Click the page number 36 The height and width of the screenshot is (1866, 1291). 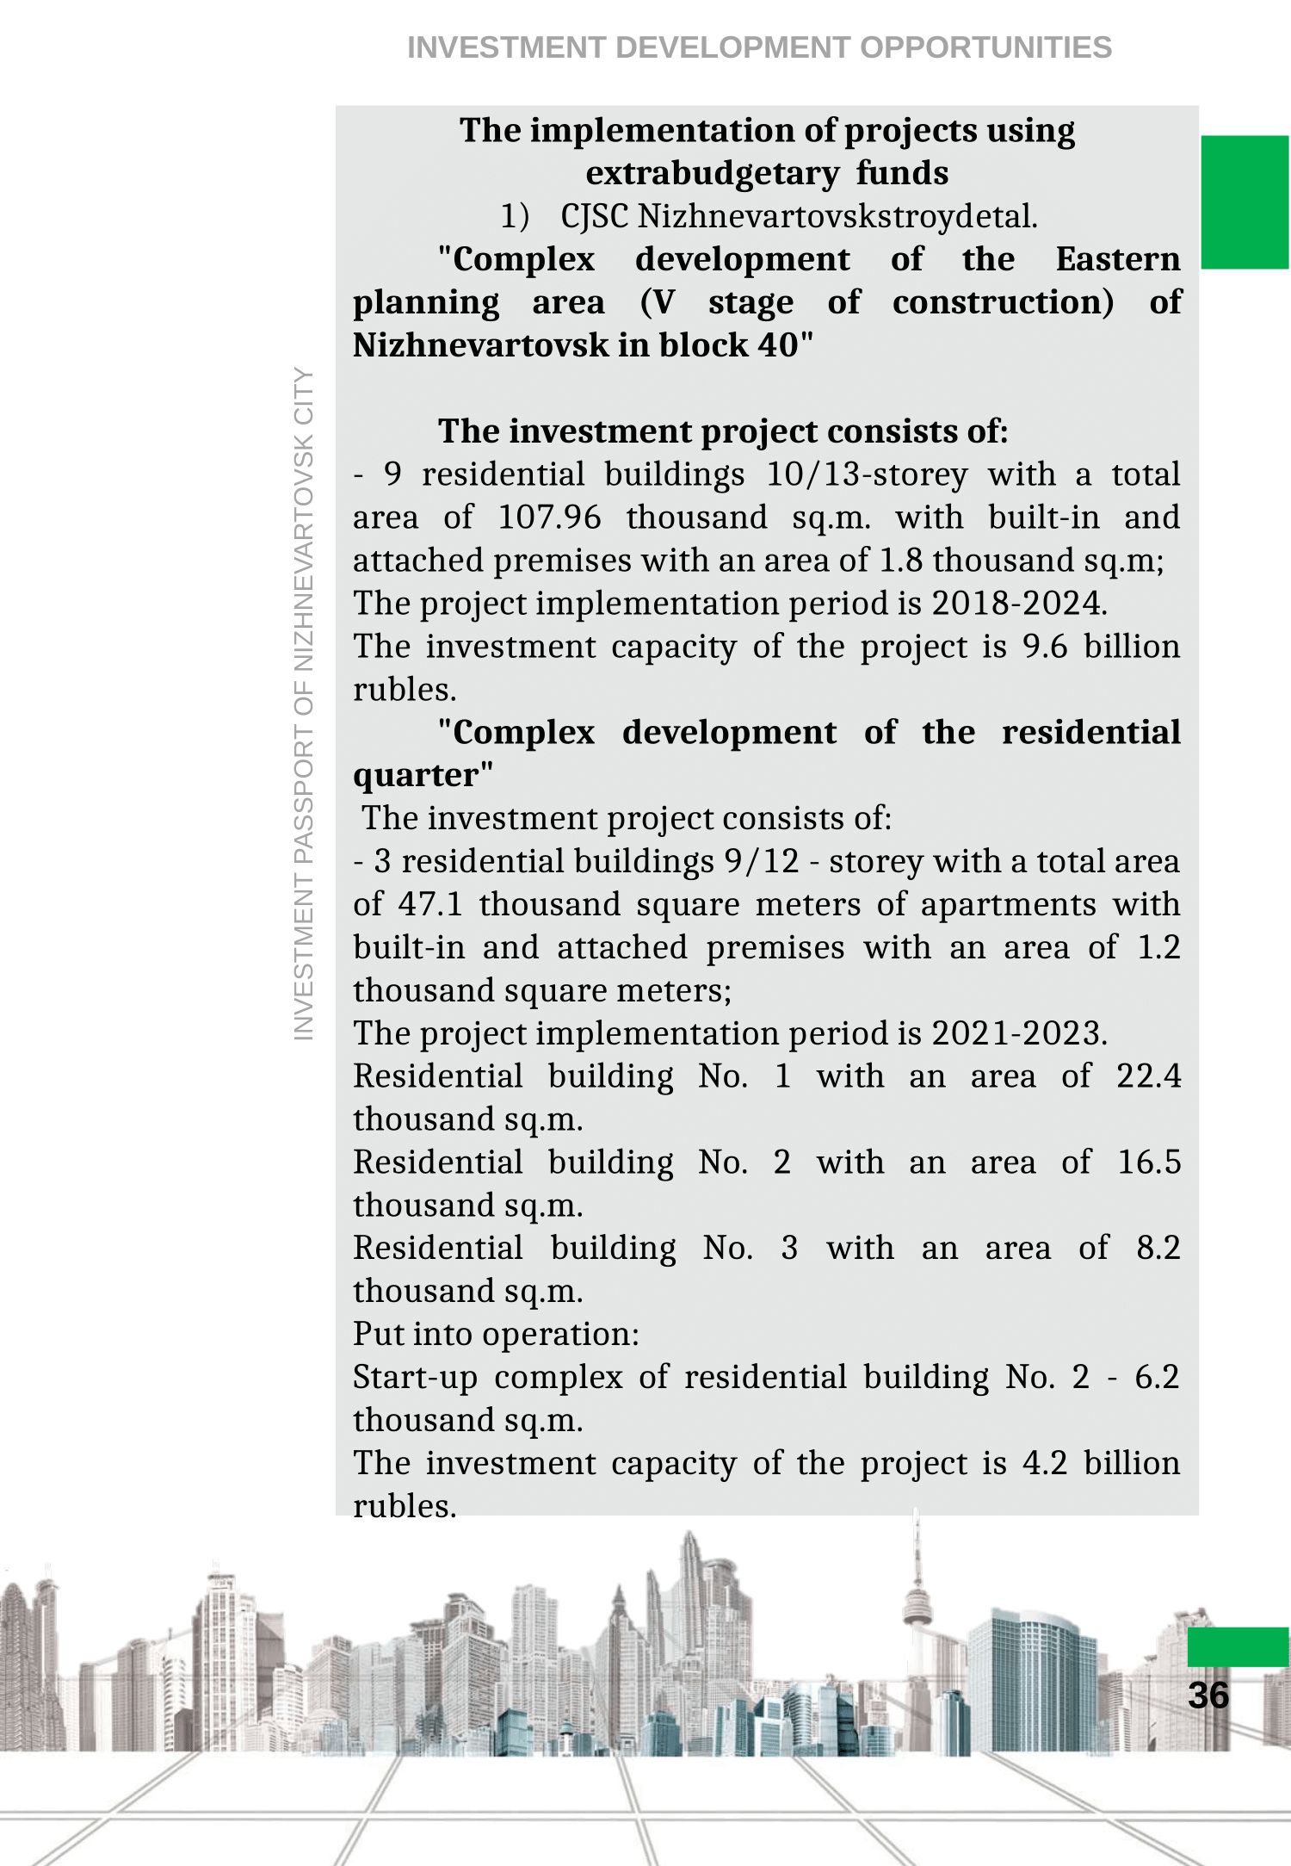pyautogui.click(x=1208, y=1695)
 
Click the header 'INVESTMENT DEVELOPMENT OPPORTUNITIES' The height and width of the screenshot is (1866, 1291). pyautogui.click(x=759, y=47)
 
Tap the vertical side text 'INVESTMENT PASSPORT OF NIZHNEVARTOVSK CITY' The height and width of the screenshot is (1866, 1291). pyautogui.click(x=304, y=704)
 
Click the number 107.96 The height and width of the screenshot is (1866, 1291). pyautogui.click(x=549, y=518)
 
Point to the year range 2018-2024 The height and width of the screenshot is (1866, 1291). pyautogui.click(x=1018, y=604)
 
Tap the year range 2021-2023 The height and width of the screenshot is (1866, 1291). pyautogui.click(x=1018, y=1033)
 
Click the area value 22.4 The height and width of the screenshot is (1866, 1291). pyautogui.click(x=1148, y=1076)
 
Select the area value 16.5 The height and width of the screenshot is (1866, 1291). pyautogui.click(x=1148, y=1162)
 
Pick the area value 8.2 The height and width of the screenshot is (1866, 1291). pyautogui.click(x=1158, y=1248)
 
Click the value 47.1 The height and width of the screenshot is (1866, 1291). pyautogui.click(x=430, y=904)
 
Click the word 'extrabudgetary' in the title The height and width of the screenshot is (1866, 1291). pyautogui.click(x=712, y=173)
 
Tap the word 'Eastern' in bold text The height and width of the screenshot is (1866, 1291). pyautogui.click(x=1117, y=259)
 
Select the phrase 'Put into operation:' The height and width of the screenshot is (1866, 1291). pyautogui.click(x=496, y=1334)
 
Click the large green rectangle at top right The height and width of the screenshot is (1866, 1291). pyautogui.click(x=1245, y=202)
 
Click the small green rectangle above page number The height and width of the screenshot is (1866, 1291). pyautogui.click(x=1238, y=1646)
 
